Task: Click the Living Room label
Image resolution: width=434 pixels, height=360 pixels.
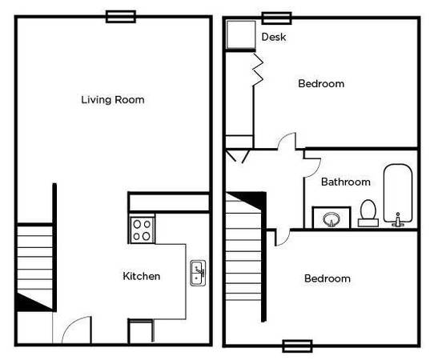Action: point(113,100)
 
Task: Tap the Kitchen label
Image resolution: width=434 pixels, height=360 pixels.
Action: point(142,276)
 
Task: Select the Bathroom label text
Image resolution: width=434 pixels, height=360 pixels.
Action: point(346,182)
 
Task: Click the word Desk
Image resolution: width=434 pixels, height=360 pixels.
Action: point(274,37)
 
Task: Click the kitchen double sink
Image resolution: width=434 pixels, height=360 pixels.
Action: point(198,273)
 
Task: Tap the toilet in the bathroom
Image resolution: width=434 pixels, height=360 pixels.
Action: point(368,213)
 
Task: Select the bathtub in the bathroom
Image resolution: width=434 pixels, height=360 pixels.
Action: point(398,194)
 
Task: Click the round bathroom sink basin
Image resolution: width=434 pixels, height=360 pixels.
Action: point(332,218)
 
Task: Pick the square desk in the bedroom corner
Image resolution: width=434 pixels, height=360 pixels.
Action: point(241,34)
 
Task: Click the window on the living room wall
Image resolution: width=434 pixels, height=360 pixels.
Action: point(121,17)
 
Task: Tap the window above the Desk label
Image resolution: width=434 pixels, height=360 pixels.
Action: point(277,18)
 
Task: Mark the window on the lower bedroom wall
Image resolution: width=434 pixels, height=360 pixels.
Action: point(298,346)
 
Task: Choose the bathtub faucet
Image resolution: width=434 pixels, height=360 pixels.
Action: point(398,220)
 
